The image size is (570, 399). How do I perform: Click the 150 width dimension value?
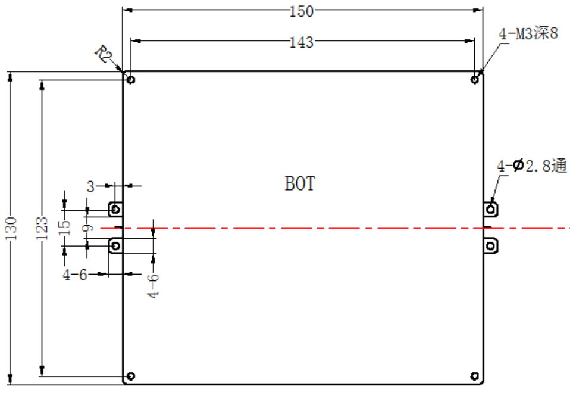(301, 12)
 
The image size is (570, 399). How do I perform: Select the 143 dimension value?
(301, 42)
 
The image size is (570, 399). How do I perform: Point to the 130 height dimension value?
(11, 228)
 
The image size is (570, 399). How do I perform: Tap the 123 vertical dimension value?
(42, 228)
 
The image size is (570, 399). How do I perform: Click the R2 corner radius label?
(104, 54)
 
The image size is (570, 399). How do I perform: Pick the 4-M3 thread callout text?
(528, 33)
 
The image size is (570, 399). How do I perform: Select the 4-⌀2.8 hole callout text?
(532, 166)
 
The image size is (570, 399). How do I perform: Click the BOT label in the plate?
(299, 183)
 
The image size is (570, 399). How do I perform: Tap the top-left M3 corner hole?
(131, 79)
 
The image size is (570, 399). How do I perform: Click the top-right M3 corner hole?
(474, 79)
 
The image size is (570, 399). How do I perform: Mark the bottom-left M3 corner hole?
(131, 376)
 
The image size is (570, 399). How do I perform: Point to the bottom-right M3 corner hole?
(474, 376)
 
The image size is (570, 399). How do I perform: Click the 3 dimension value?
(90, 186)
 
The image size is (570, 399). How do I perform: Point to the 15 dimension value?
(64, 227)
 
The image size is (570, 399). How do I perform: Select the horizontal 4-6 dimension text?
(75, 275)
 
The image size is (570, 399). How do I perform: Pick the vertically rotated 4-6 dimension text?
(153, 286)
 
